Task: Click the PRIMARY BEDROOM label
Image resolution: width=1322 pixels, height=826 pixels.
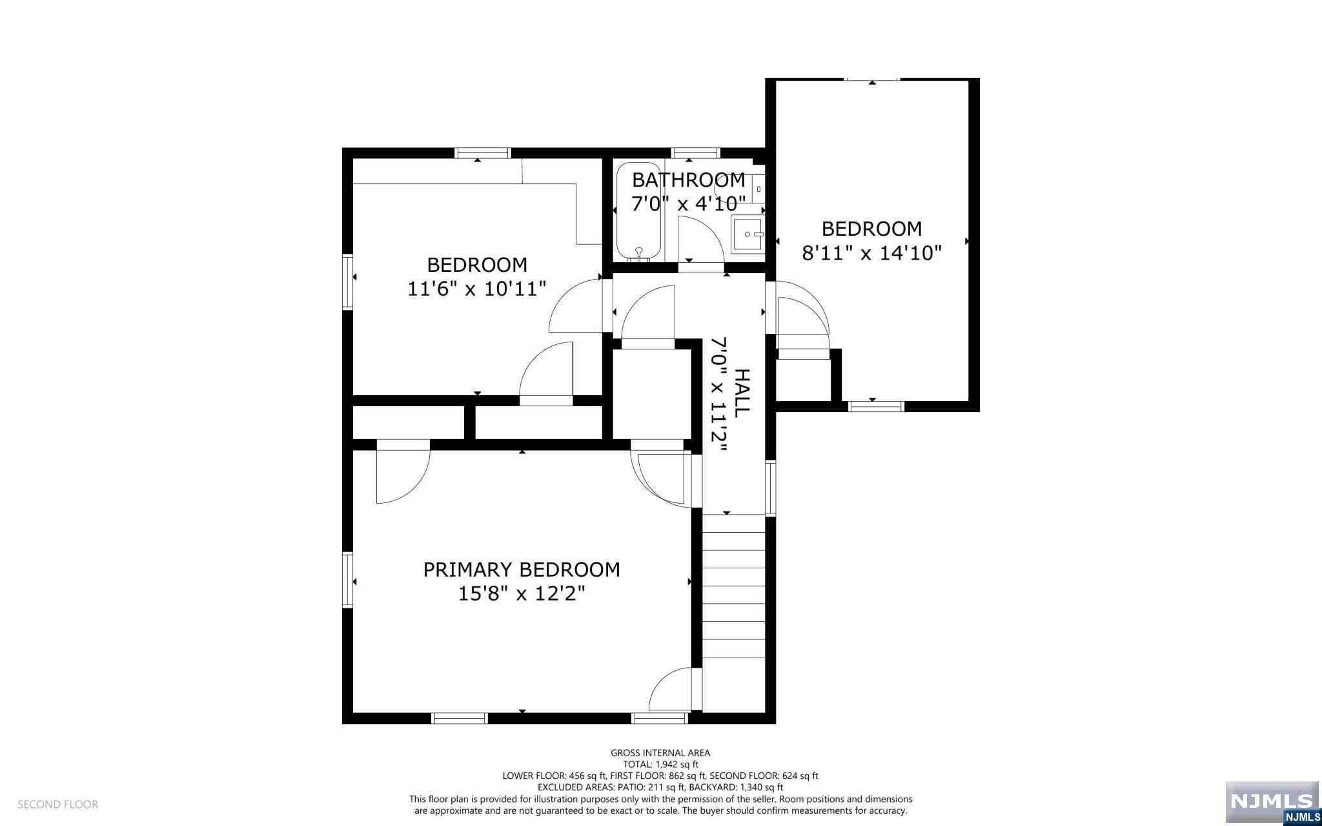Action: click(x=522, y=570)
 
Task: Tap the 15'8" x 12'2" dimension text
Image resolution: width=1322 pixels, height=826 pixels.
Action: click(x=522, y=594)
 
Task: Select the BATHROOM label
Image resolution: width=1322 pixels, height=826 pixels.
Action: click(x=688, y=180)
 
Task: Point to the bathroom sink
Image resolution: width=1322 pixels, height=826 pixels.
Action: click(x=747, y=234)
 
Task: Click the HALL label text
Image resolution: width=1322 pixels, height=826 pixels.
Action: click(x=742, y=392)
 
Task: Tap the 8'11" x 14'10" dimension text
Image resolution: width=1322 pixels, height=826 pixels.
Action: click(x=871, y=253)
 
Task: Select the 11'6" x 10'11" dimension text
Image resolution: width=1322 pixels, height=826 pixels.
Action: click(x=477, y=289)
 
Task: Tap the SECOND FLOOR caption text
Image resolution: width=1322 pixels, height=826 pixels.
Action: click(x=57, y=805)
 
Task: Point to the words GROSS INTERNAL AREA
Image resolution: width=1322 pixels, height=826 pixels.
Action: click(x=660, y=752)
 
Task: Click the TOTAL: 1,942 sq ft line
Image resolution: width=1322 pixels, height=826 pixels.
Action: click(x=660, y=764)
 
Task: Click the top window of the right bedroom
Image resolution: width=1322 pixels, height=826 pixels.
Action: click(x=872, y=79)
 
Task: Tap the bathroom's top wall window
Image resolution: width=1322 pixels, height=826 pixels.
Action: click(x=695, y=153)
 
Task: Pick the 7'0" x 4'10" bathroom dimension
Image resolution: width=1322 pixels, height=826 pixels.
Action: click(x=688, y=204)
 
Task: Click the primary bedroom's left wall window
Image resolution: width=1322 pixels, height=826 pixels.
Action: click(x=348, y=580)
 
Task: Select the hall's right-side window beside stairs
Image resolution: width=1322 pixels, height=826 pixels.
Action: click(x=770, y=487)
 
